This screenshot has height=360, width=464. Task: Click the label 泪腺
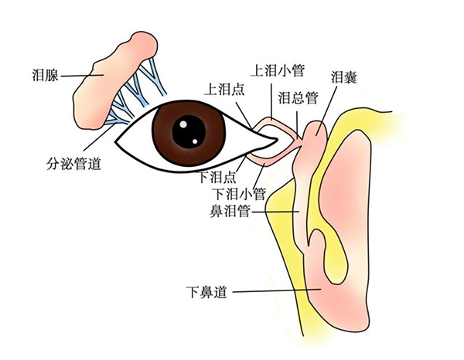click(45, 75)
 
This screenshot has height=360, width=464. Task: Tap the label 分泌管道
click(73, 164)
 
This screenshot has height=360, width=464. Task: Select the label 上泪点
click(224, 89)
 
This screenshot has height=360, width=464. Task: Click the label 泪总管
click(298, 97)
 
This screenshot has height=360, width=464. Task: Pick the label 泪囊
click(344, 76)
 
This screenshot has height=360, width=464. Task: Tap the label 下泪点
click(218, 177)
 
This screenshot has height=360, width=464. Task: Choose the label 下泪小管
click(240, 194)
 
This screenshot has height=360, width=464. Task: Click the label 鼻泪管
click(230, 212)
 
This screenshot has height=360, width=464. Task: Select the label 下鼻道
click(206, 292)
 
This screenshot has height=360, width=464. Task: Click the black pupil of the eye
click(189, 131)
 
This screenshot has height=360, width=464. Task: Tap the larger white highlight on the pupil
click(183, 124)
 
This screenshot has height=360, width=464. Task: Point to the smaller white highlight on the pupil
click(195, 141)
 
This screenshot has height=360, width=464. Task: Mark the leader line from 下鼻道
click(277, 290)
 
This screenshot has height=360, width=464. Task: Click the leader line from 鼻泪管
click(275, 212)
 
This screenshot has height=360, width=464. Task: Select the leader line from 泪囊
click(327, 110)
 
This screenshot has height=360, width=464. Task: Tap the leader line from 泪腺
click(82, 76)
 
